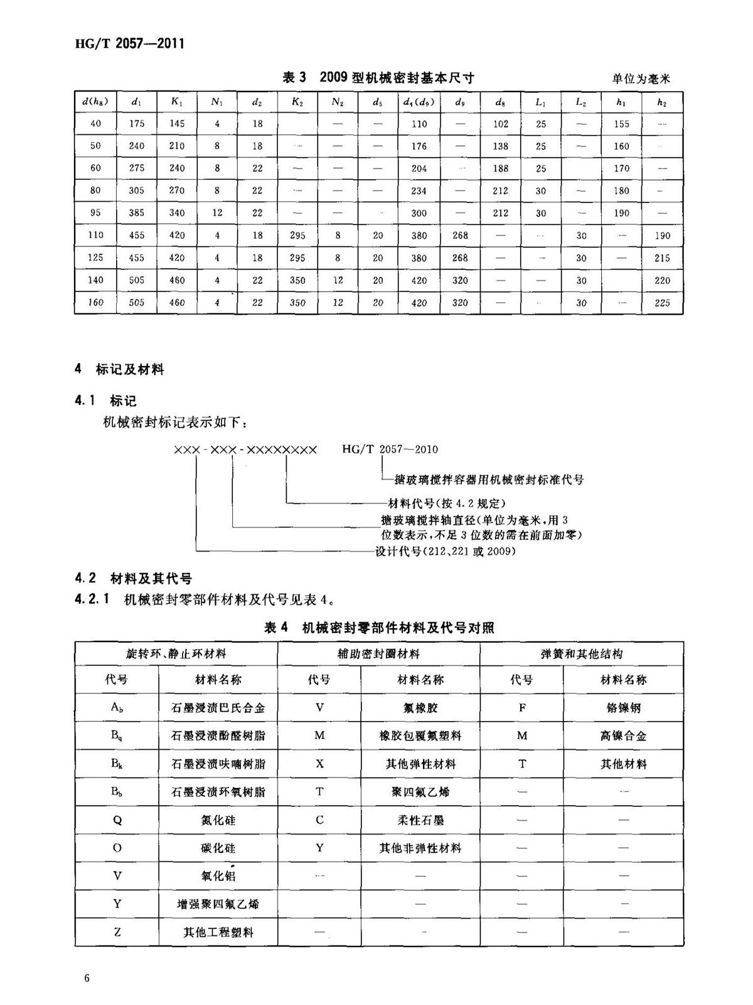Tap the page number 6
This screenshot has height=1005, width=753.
click(87, 979)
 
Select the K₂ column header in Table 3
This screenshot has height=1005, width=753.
click(297, 102)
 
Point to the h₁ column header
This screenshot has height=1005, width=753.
click(621, 102)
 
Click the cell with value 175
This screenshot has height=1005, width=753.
click(137, 124)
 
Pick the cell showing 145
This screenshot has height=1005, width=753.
click(177, 124)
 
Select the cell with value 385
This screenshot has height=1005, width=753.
click(137, 213)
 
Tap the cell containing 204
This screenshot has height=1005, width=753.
click(419, 168)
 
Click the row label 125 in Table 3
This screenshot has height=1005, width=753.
click(95, 258)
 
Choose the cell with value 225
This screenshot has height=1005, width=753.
click(662, 303)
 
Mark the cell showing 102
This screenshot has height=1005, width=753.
click(500, 124)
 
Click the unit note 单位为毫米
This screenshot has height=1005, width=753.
click(641, 79)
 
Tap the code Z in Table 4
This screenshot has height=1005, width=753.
click(117, 932)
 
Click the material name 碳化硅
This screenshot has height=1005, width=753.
click(218, 848)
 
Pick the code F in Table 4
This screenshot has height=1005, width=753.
click(522, 708)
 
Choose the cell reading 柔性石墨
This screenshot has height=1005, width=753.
click(420, 820)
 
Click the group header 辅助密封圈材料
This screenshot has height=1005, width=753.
click(378, 654)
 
